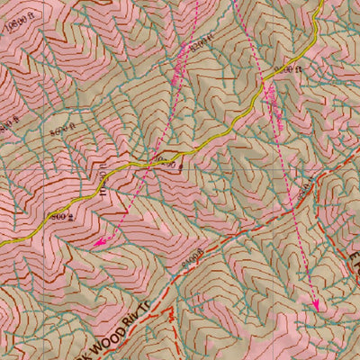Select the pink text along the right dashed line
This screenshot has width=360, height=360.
pyautogui.click(x=270, y=99)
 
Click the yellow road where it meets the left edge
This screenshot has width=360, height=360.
pyautogui.click(x=3, y=222)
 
